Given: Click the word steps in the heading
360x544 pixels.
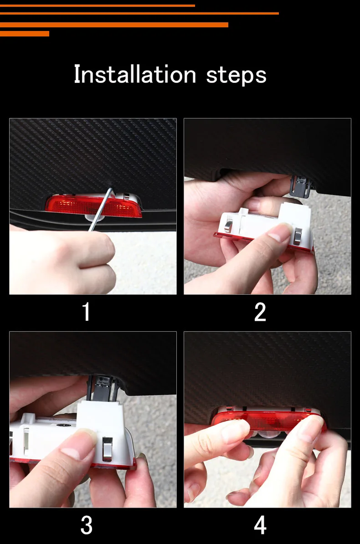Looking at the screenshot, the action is (236, 76).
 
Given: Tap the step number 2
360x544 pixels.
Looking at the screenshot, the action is (260, 312).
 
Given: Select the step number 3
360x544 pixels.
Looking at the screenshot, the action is (87, 525).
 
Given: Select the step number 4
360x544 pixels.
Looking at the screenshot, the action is (260, 525).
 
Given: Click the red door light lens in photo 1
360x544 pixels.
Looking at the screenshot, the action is (94, 206).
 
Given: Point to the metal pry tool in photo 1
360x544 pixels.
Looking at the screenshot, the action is (101, 209).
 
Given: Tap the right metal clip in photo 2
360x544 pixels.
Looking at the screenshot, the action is (298, 236).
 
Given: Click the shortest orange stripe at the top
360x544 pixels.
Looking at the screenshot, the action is (24, 34).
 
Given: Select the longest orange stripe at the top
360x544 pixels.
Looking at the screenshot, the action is (139, 14).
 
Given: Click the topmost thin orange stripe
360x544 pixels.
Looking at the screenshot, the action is (97, 5).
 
